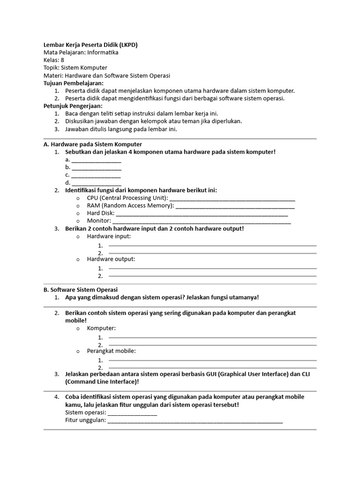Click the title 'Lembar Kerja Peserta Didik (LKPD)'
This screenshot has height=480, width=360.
click(x=90, y=45)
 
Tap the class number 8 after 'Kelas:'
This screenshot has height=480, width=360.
click(x=62, y=60)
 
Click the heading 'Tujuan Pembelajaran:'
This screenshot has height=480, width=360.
click(x=73, y=83)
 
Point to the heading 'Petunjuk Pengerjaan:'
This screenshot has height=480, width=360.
click(x=73, y=106)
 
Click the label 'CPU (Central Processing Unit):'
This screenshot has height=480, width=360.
click(x=127, y=198)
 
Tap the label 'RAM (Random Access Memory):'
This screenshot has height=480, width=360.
click(x=130, y=205)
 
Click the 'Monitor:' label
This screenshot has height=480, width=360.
click(x=99, y=220)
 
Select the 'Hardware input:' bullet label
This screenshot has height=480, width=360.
click(x=109, y=236)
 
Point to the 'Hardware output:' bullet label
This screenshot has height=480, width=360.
click(x=111, y=259)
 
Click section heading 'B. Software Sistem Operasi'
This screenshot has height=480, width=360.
click(x=80, y=290)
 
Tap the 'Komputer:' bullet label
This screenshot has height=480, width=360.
click(x=101, y=328)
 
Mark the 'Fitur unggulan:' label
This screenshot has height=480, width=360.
click(x=85, y=420)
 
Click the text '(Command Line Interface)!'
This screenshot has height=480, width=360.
click(x=102, y=382)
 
